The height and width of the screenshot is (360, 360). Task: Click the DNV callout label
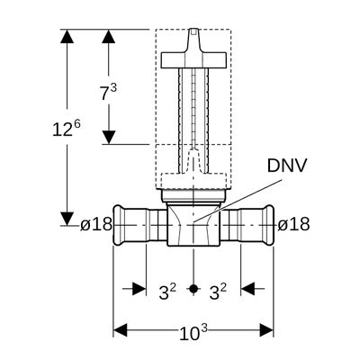click(x=287, y=166)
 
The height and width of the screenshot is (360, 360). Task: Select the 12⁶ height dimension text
click(x=67, y=129)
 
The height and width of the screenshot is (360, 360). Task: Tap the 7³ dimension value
click(x=108, y=92)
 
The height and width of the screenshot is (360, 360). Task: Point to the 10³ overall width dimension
click(x=193, y=333)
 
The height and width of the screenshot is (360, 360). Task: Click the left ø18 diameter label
click(x=96, y=224)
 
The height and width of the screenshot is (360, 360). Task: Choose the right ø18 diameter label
click(x=293, y=224)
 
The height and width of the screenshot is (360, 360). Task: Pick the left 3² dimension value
click(x=167, y=292)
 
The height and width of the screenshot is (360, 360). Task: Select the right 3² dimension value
click(x=218, y=292)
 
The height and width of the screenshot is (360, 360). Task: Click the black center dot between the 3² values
click(x=193, y=289)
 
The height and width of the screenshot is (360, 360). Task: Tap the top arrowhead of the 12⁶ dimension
click(x=67, y=36)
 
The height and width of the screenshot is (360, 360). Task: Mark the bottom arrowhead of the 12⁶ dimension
click(x=67, y=219)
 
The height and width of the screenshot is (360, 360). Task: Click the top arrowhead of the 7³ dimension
click(x=109, y=36)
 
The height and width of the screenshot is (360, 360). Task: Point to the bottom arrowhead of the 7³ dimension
click(x=109, y=138)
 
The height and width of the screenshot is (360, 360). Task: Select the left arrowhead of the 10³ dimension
click(x=120, y=330)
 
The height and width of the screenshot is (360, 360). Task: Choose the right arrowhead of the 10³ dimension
click(x=266, y=330)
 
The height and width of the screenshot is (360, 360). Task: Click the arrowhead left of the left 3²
click(x=139, y=289)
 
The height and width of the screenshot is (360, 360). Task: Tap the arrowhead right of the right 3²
click(x=247, y=289)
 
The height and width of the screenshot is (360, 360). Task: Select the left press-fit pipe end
click(x=139, y=225)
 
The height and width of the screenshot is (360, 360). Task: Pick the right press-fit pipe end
click(x=247, y=225)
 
